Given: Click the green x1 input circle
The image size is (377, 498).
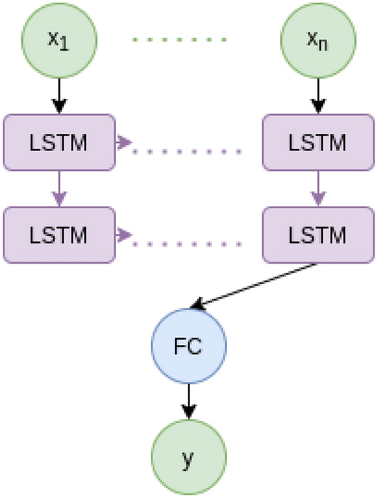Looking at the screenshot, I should click(x=59, y=39).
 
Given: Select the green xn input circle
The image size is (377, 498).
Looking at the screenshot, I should click(x=318, y=39).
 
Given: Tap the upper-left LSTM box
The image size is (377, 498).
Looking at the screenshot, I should click(x=59, y=142).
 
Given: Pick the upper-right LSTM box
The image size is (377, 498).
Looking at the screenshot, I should click(x=318, y=142).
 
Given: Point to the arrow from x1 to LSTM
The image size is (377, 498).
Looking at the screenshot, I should click(x=59, y=94).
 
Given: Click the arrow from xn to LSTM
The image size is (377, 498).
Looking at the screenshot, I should click(x=318, y=94).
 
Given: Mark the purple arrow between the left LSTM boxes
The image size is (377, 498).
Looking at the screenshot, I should click(x=59, y=187).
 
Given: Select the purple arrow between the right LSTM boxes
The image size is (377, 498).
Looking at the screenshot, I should click(x=318, y=187).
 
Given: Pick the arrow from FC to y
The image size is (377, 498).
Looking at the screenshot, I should click(x=188, y=403).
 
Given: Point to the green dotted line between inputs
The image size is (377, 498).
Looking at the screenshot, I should click(x=179, y=39).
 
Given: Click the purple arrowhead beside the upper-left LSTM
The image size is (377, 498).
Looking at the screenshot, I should click(x=126, y=142).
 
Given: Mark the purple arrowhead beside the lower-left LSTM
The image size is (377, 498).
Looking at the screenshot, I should click(x=126, y=234).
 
